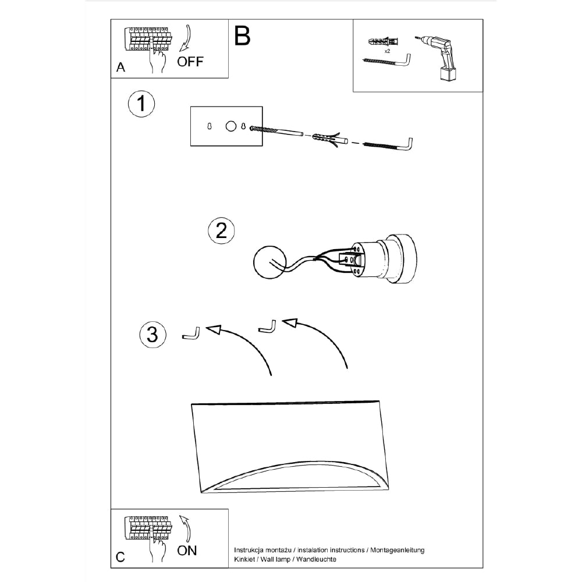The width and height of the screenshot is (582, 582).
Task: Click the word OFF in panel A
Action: (190, 61)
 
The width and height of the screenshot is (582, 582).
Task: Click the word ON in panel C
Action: (187, 551)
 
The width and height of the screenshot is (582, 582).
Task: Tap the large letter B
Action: (242, 36)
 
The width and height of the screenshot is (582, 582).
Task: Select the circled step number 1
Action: (141, 104)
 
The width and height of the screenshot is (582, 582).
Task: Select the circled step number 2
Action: (221, 230)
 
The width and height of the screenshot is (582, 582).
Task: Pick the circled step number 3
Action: (152, 335)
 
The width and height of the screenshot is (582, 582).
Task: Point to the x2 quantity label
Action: (387, 51)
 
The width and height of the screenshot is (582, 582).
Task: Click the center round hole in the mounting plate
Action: (231, 126)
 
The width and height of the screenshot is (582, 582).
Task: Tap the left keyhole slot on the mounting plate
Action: (210, 126)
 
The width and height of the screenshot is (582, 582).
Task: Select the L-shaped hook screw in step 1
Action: (387, 144)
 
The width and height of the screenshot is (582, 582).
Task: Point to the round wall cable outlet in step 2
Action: (269, 262)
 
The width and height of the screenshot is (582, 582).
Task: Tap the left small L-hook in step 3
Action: (191, 333)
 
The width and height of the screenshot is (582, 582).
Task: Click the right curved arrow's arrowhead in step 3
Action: (290, 322)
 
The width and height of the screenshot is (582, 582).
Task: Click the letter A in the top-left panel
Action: (120, 67)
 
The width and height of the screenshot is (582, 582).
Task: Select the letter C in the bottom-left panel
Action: (120, 557)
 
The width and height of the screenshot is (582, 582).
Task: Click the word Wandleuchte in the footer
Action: (316, 559)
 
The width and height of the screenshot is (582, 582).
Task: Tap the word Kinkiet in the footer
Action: (244, 559)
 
